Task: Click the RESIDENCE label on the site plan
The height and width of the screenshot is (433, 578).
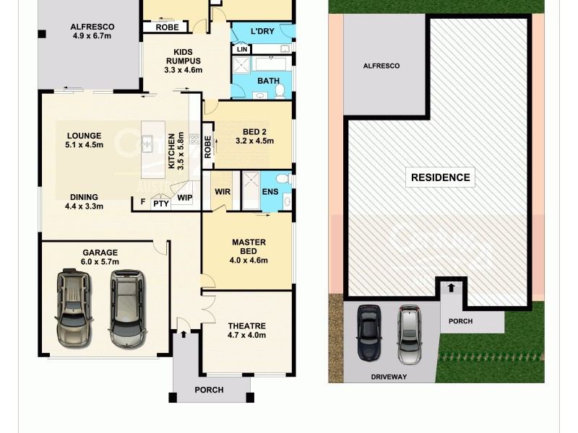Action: [440, 177]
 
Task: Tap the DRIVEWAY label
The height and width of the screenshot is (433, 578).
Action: [389, 377]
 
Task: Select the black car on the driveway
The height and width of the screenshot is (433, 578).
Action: [369, 333]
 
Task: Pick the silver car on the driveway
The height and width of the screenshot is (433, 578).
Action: [408, 334]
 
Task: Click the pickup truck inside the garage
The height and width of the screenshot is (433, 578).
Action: [74, 306]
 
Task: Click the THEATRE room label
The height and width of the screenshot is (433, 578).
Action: [247, 325]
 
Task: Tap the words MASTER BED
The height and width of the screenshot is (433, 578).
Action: [249, 247]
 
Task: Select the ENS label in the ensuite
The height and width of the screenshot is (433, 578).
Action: [270, 192]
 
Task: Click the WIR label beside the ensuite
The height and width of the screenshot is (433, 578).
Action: [222, 192]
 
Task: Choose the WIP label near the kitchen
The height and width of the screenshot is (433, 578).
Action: [184, 197]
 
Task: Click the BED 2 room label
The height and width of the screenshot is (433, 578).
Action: [254, 131]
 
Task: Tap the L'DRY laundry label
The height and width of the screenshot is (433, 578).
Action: [261, 32]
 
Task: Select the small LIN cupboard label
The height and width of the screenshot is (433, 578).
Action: [241, 50]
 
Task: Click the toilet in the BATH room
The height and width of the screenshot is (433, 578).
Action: [280, 89]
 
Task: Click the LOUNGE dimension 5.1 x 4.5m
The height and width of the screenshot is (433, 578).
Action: [85, 145]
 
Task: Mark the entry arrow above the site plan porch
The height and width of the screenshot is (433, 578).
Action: [451, 287]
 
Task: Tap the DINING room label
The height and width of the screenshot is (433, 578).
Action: [85, 197]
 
